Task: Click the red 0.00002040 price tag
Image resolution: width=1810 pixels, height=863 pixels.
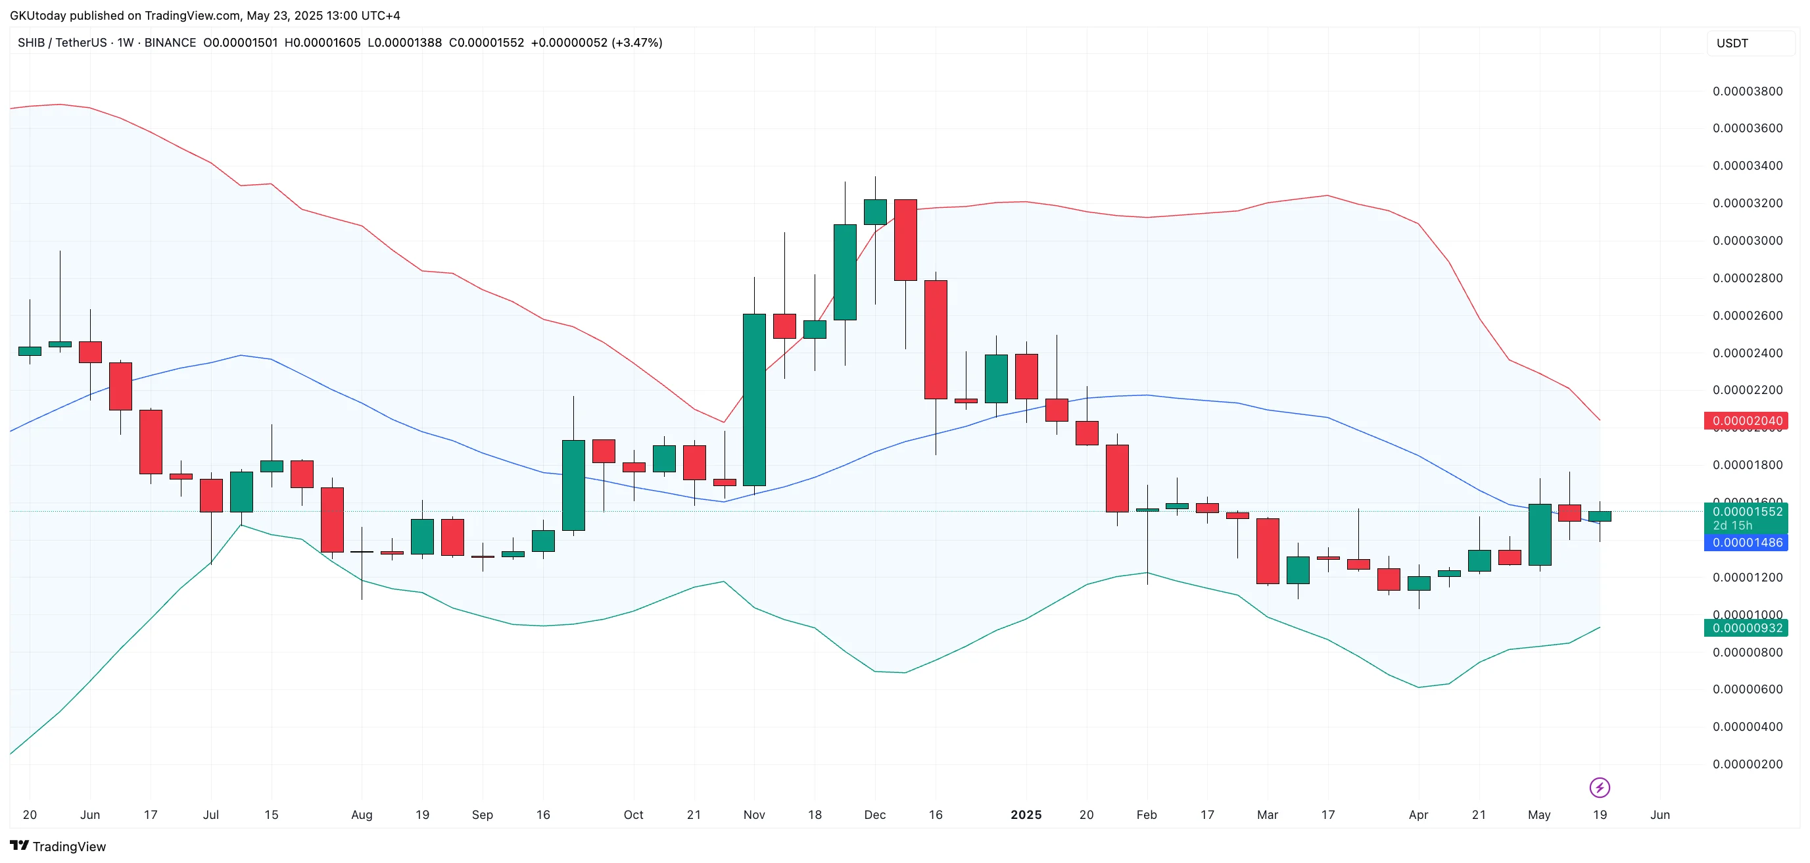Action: pyautogui.click(x=1746, y=421)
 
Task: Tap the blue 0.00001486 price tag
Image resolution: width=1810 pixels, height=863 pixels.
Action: pyautogui.click(x=1746, y=543)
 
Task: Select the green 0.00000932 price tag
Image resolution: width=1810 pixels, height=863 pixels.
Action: pyautogui.click(x=1746, y=628)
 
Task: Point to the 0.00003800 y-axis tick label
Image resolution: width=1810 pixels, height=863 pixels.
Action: pyautogui.click(x=1748, y=91)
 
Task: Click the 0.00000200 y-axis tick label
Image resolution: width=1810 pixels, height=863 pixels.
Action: pyautogui.click(x=1748, y=764)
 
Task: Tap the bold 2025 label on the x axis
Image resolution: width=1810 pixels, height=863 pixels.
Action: pyautogui.click(x=1026, y=815)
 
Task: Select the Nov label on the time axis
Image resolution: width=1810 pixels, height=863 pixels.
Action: pyautogui.click(x=754, y=815)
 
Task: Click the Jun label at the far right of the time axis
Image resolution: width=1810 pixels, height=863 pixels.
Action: pyautogui.click(x=1659, y=815)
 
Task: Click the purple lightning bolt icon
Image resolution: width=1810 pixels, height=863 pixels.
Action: pyautogui.click(x=1600, y=788)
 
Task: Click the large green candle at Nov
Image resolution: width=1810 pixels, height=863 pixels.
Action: pyautogui.click(x=755, y=399)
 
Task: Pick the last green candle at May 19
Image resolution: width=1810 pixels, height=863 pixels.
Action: pyautogui.click(x=1600, y=516)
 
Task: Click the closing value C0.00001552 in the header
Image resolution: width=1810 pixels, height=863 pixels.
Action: pyautogui.click(x=487, y=43)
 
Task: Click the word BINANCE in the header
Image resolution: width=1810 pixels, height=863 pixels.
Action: pyautogui.click(x=170, y=43)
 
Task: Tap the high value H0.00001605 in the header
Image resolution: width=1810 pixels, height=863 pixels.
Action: pyautogui.click(x=323, y=43)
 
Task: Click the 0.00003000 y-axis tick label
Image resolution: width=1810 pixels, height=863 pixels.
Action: pyautogui.click(x=1748, y=241)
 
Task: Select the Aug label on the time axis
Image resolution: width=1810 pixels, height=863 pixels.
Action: pyautogui.click(x=362, y=815)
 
